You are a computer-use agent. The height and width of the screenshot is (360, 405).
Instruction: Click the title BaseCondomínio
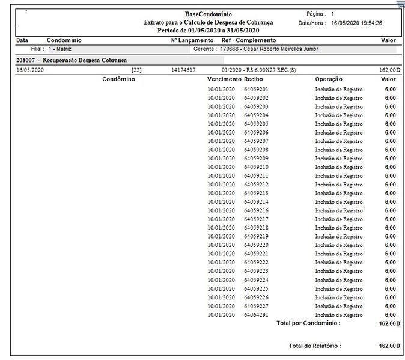click(208, 14)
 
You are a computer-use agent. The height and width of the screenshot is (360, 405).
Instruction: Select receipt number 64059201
click(256, 89)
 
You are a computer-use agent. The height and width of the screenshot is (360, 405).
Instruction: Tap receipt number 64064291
click(256, 315)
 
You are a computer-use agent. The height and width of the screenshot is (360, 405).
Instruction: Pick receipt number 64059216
click(256, 211)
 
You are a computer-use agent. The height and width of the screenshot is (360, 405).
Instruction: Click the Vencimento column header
click(224, 79)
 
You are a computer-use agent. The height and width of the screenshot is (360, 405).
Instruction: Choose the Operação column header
click(329, 79)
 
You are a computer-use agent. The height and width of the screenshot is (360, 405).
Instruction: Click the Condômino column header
click(118, 79)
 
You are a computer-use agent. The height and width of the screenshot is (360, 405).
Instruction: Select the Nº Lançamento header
click(192, 40)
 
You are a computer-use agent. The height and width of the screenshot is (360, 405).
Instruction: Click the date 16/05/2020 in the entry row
click(30, 70)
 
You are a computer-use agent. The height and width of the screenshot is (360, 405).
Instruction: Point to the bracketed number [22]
click(136, 70)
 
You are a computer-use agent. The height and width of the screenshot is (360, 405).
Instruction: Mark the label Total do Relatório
click(315, 346)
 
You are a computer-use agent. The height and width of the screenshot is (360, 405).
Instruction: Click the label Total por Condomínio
click(308, 323)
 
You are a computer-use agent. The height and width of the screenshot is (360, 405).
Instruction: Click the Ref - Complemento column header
click(249, 40)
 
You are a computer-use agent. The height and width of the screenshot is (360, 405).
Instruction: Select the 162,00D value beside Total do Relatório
click(388, 346)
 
